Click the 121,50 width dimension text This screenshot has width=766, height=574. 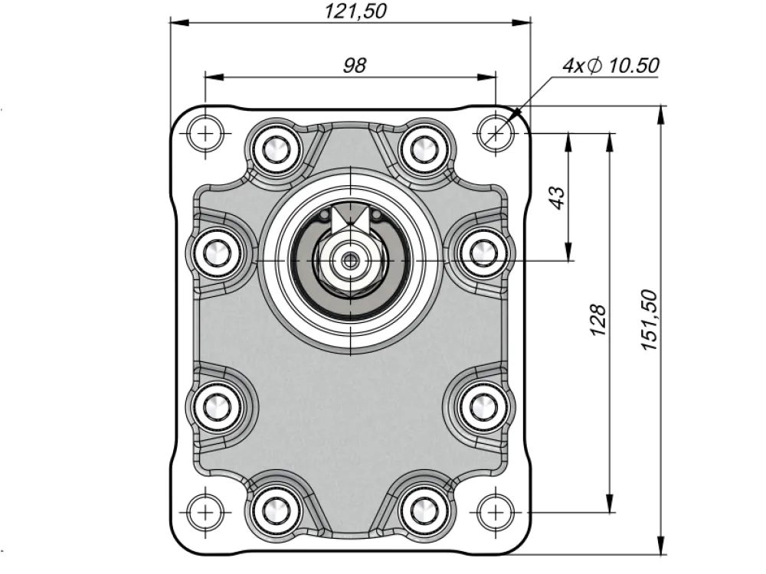click(355, 11)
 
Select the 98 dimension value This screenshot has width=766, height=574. click(354, 65)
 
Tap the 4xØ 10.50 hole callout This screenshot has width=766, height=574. click(611, 65)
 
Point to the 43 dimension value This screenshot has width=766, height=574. click(558, 197)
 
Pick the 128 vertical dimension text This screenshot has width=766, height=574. click(598, 320)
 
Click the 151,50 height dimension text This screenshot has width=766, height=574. click(650, 320)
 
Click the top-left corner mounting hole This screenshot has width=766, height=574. click(205, 132)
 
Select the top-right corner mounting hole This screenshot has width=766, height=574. click(496, 132)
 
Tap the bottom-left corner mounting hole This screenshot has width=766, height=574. click(205, 512)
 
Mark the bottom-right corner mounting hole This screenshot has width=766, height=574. click(496, 512)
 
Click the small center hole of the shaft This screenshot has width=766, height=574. click(350, 261)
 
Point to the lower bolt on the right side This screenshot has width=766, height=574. click(483, 406)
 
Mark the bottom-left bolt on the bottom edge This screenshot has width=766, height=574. click(276, 510)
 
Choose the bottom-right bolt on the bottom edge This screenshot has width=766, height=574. click(424, 510)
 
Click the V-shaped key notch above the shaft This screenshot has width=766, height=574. click(350, 218)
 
